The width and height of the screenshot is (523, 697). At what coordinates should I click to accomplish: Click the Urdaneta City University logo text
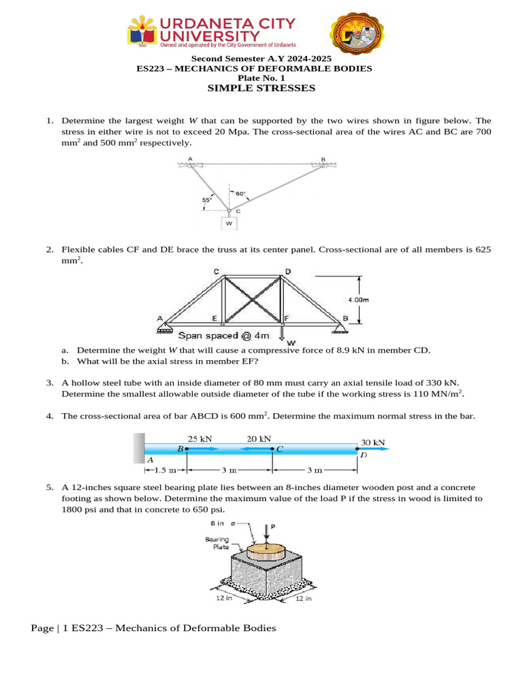click(x=227, y=29)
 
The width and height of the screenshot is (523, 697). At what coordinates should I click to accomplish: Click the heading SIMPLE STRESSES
click(x=261, y=88)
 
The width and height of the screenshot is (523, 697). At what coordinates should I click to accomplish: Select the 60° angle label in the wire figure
click(x=240, y=193)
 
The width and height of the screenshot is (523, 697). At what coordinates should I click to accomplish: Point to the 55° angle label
click(x=206, y=199)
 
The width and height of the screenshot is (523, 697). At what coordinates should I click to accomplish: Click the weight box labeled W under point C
click(x=229, y=223)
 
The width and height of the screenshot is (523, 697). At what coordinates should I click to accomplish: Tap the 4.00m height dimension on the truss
click(x=358, y=298)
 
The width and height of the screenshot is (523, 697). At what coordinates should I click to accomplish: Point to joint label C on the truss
click(x=217, y=272)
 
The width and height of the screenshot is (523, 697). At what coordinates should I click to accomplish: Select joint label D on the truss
click(x=288, y=272)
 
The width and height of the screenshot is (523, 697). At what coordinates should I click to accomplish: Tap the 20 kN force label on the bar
click(x=258, y=439)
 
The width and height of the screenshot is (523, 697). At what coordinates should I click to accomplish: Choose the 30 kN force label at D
click(x=373, y=442)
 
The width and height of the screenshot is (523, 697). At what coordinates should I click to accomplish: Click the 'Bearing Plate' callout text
click(x=217, y=543)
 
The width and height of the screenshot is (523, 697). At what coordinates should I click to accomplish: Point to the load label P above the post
click(x=273, y=526)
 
